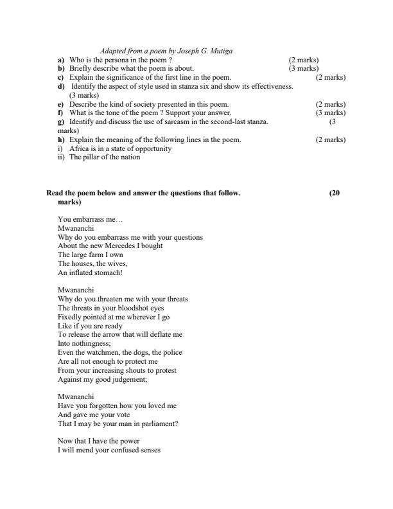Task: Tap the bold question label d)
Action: tap(61, 86)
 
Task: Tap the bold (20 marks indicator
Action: tap(333, 193)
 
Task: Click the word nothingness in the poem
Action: tap(83, 344)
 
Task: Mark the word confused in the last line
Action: tap(123, 450)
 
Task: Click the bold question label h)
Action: tap(61, 139)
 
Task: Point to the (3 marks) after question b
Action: tap(304, 68)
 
